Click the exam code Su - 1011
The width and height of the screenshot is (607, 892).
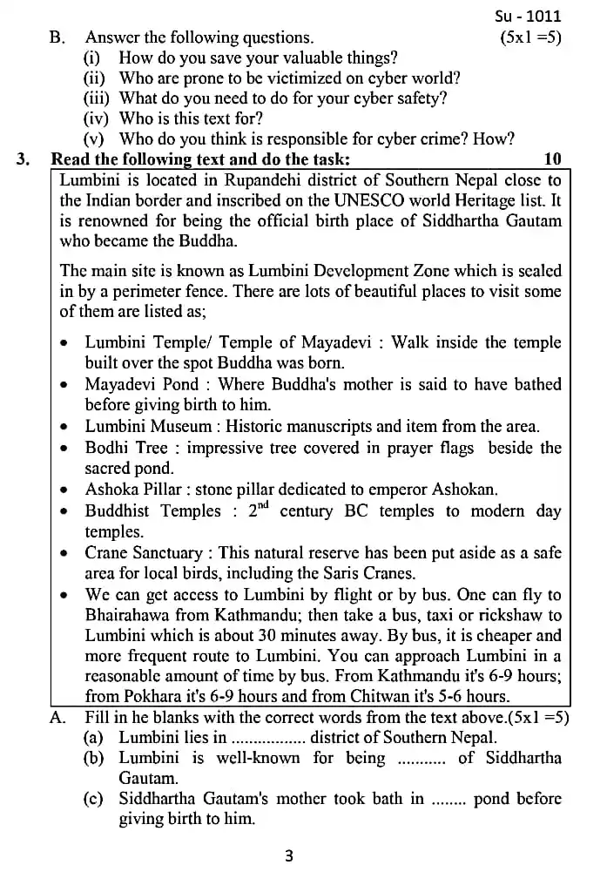point(528,16)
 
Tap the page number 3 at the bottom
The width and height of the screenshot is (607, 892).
point(289,856)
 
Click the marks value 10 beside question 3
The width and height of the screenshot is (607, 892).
point(552,159)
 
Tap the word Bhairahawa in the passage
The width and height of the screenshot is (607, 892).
point(130,616)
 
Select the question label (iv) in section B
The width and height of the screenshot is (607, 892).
point(96,118)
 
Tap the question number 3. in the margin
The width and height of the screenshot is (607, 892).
point(24,159)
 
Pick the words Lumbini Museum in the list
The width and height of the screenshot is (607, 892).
point(148,426)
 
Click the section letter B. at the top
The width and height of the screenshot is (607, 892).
point(57,37)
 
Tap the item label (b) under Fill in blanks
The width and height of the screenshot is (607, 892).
point(94,758)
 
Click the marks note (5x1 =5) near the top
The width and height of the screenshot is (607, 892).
point(530,37)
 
